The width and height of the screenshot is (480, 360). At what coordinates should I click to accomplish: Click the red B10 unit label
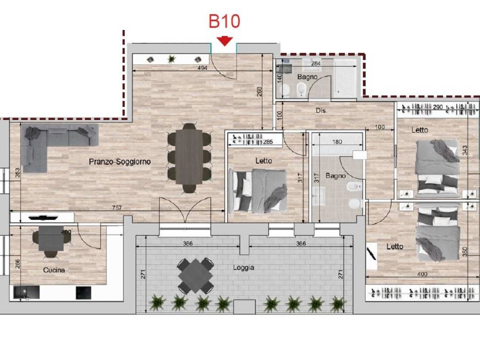225,22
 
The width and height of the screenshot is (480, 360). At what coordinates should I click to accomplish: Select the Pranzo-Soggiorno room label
120,162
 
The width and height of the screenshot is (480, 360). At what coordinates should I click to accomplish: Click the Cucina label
54,270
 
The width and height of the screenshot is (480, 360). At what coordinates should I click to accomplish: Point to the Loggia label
243,268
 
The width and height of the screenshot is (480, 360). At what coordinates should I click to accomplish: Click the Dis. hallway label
322,111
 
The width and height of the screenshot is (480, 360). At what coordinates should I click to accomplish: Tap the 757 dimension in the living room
117,208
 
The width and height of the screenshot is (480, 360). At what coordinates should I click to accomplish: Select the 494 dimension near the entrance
202,67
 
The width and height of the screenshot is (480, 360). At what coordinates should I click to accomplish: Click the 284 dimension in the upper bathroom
315,63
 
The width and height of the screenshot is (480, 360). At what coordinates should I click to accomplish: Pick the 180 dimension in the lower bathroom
337,142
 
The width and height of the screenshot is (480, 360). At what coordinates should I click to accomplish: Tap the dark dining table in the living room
189,157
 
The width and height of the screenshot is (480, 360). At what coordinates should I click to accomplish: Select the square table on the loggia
195,276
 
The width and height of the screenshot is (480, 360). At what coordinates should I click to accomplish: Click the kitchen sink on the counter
27,292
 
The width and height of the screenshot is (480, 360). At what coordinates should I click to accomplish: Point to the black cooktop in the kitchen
83,292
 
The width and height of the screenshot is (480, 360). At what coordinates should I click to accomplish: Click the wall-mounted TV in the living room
43,218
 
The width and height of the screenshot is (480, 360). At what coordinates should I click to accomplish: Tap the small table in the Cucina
51,239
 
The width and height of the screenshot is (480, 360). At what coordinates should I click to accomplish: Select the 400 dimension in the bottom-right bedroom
422,274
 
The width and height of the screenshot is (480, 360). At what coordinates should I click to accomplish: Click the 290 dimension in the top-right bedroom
438,107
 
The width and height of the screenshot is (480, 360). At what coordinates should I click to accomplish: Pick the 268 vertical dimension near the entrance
260,91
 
